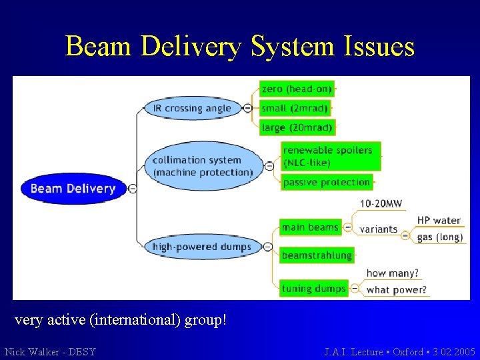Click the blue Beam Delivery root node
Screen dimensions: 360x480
73,189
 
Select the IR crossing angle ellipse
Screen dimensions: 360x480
192,108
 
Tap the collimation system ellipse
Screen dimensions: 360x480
203,166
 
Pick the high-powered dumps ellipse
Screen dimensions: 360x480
202,247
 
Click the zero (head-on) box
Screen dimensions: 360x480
297,89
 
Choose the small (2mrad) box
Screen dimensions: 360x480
295,108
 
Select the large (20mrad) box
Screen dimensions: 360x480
297,127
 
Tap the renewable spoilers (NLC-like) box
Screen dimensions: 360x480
330,156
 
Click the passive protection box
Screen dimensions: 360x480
327,182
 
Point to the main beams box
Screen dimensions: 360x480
310,227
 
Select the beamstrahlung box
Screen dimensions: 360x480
317,255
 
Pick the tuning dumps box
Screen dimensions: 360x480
314,289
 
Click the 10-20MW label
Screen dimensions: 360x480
381,204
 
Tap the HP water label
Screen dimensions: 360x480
439,221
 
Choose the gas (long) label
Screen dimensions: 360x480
439,237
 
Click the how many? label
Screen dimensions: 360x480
393,273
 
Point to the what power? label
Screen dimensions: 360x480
397,290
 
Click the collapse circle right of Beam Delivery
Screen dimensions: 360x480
133,189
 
